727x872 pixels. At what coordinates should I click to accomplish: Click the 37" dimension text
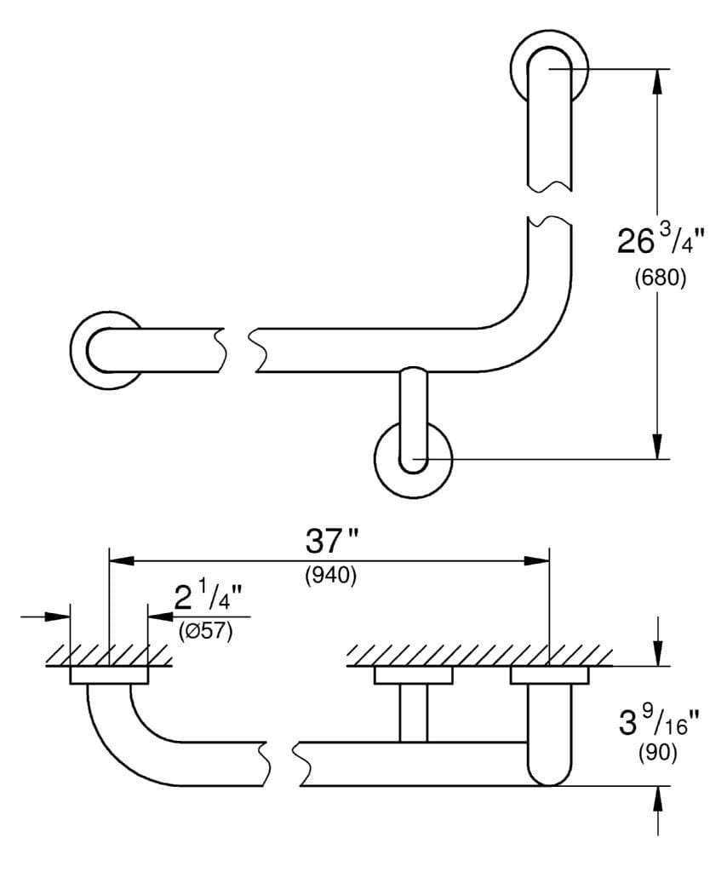coord(331,542)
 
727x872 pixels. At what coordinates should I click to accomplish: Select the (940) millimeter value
coord(330,576)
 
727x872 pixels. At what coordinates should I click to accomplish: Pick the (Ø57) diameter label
coord(206,632)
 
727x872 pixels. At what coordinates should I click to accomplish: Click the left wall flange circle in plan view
coord(106,349)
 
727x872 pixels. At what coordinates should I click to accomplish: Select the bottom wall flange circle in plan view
coord(413,460)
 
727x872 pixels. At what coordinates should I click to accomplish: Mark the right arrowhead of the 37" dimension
coord(536,560)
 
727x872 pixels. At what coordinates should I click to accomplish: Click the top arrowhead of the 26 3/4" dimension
coord(657,80)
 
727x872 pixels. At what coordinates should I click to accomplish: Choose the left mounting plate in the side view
coord(108,676)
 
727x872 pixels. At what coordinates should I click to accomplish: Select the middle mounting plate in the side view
coord(414,676)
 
